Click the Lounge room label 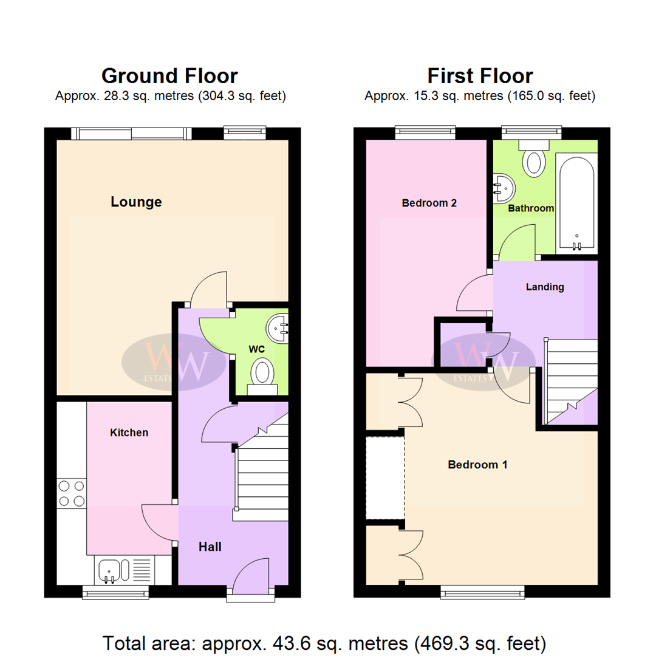click(x=136, y=202)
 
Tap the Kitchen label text click(x=129, y=432)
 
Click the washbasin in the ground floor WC click(x=278, y=328)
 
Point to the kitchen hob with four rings click(x=72, y=493)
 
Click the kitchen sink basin click(x=110, y=571)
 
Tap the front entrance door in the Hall click(x=250, y=577)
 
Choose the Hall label click(x=210, y=547)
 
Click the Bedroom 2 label click(x=429, y=203)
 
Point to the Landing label click(x=545, y=287)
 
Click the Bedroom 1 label click(x=477, y=465)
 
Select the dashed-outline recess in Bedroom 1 click(x=385, y=478)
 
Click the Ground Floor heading click(x=169, y=76)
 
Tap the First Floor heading click(x=480, y=76)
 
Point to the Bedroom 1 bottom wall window click(x=482, y=590)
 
